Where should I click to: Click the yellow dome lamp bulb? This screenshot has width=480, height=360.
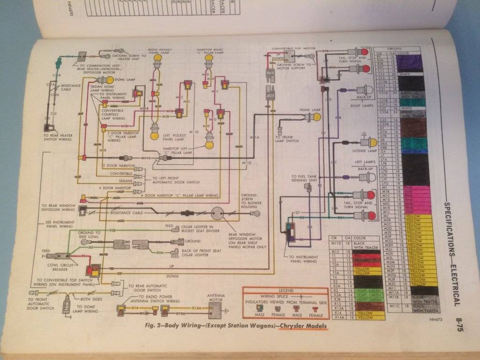pos(110,80)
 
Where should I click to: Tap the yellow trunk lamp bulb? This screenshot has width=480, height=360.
pos(317,117)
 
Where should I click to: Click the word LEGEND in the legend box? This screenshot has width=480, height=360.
pos(285,291)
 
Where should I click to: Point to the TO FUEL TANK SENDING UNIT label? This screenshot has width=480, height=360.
pos(298,179)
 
